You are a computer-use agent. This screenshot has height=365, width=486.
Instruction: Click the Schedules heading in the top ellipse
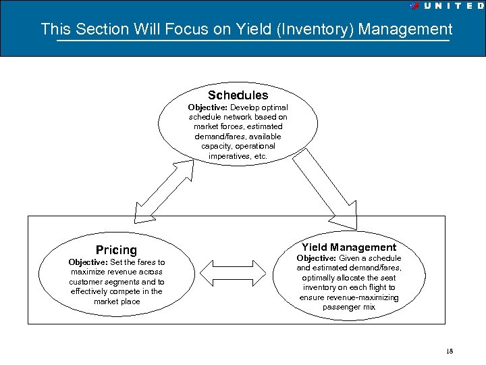pyautogui.click(x=238, y=95)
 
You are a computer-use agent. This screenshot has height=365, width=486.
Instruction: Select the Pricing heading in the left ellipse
pyautogui.click(x=116, y=250)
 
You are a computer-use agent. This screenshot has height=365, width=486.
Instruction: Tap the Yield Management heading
pyautogui.click(x=349, y=247)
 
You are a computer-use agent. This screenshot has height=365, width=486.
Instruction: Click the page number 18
pyautogui.click(x=450, y=351)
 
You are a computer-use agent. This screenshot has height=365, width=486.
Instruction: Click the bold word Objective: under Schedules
pyautogui.click(x=207, y=107)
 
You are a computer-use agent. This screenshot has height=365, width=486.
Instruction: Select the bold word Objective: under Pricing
pyautogui.click(x=88, y=262)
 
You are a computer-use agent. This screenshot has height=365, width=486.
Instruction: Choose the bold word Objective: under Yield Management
pyautogui.click(x=316, y=258)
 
